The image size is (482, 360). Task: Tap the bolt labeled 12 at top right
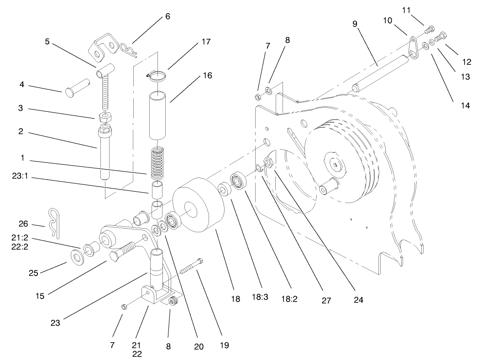tap(441, 37)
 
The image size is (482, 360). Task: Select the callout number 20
tap(198, 346)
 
